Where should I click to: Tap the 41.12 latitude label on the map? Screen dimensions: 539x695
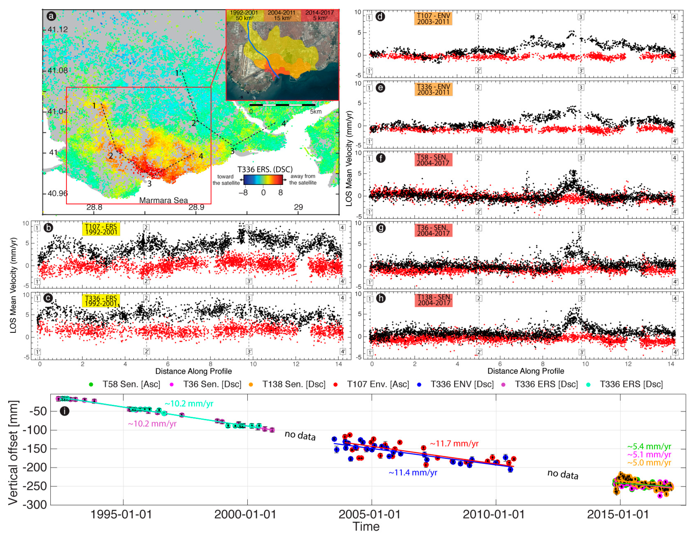(x=58, y=30)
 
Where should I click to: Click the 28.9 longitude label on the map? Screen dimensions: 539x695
(x=196, y=207)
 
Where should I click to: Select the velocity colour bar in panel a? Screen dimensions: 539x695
(x=263, y=180)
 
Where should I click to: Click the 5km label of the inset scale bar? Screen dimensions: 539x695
(x=316, y=112)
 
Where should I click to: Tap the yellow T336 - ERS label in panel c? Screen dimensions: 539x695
(x=101, y=301)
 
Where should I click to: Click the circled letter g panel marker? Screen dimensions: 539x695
(x=381, y=228)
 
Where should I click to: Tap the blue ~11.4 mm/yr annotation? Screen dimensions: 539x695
(x=413, y=473)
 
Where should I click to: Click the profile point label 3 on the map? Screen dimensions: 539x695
(x=149, y=184)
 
